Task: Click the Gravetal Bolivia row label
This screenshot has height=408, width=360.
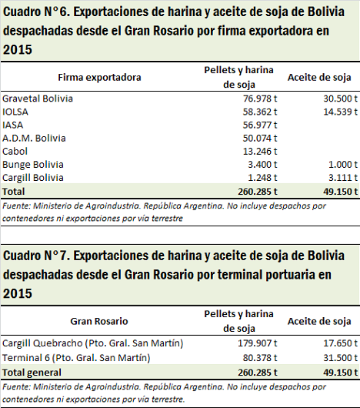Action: tap(38, 99)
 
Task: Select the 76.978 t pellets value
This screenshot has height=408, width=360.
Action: tap(260, 99)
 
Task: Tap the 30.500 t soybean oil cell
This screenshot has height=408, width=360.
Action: tap(341, 99)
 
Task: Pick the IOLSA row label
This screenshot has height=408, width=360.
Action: tap(15, 112)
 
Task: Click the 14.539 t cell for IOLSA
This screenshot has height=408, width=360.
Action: tap(341, 112)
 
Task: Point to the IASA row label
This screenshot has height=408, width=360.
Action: tap(13, 125)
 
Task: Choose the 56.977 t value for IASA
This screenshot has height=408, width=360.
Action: tap(260, 125)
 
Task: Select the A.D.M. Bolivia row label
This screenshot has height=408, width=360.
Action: tap(34, 138)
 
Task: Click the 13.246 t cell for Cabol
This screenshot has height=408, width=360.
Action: tap(260, 152)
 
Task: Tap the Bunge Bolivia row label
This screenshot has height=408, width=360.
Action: tap(33, 165)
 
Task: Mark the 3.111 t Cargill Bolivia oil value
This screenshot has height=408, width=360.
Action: tap(343, 178)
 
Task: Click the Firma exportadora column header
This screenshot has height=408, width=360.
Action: tap(99, 77)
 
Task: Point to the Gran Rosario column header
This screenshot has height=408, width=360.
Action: tap(99, 321)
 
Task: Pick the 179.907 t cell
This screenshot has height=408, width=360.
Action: tap(258, 343)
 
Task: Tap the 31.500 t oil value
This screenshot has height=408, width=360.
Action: tap(341, 358)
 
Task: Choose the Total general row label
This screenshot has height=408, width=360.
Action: tap(32, 373)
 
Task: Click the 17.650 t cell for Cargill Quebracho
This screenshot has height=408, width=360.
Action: tap(341, 343)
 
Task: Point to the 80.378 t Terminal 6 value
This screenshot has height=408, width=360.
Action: tap(260, 358)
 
